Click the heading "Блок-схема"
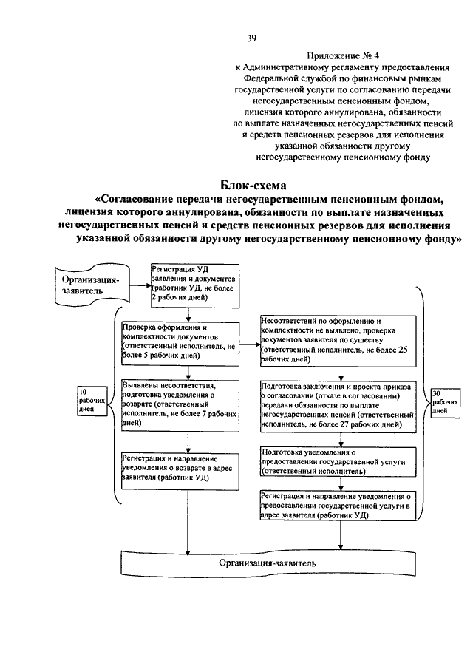click(x=252, y=185)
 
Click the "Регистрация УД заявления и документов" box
click(x=194, y=285)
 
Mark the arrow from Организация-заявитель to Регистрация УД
click(x=137, y=281)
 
